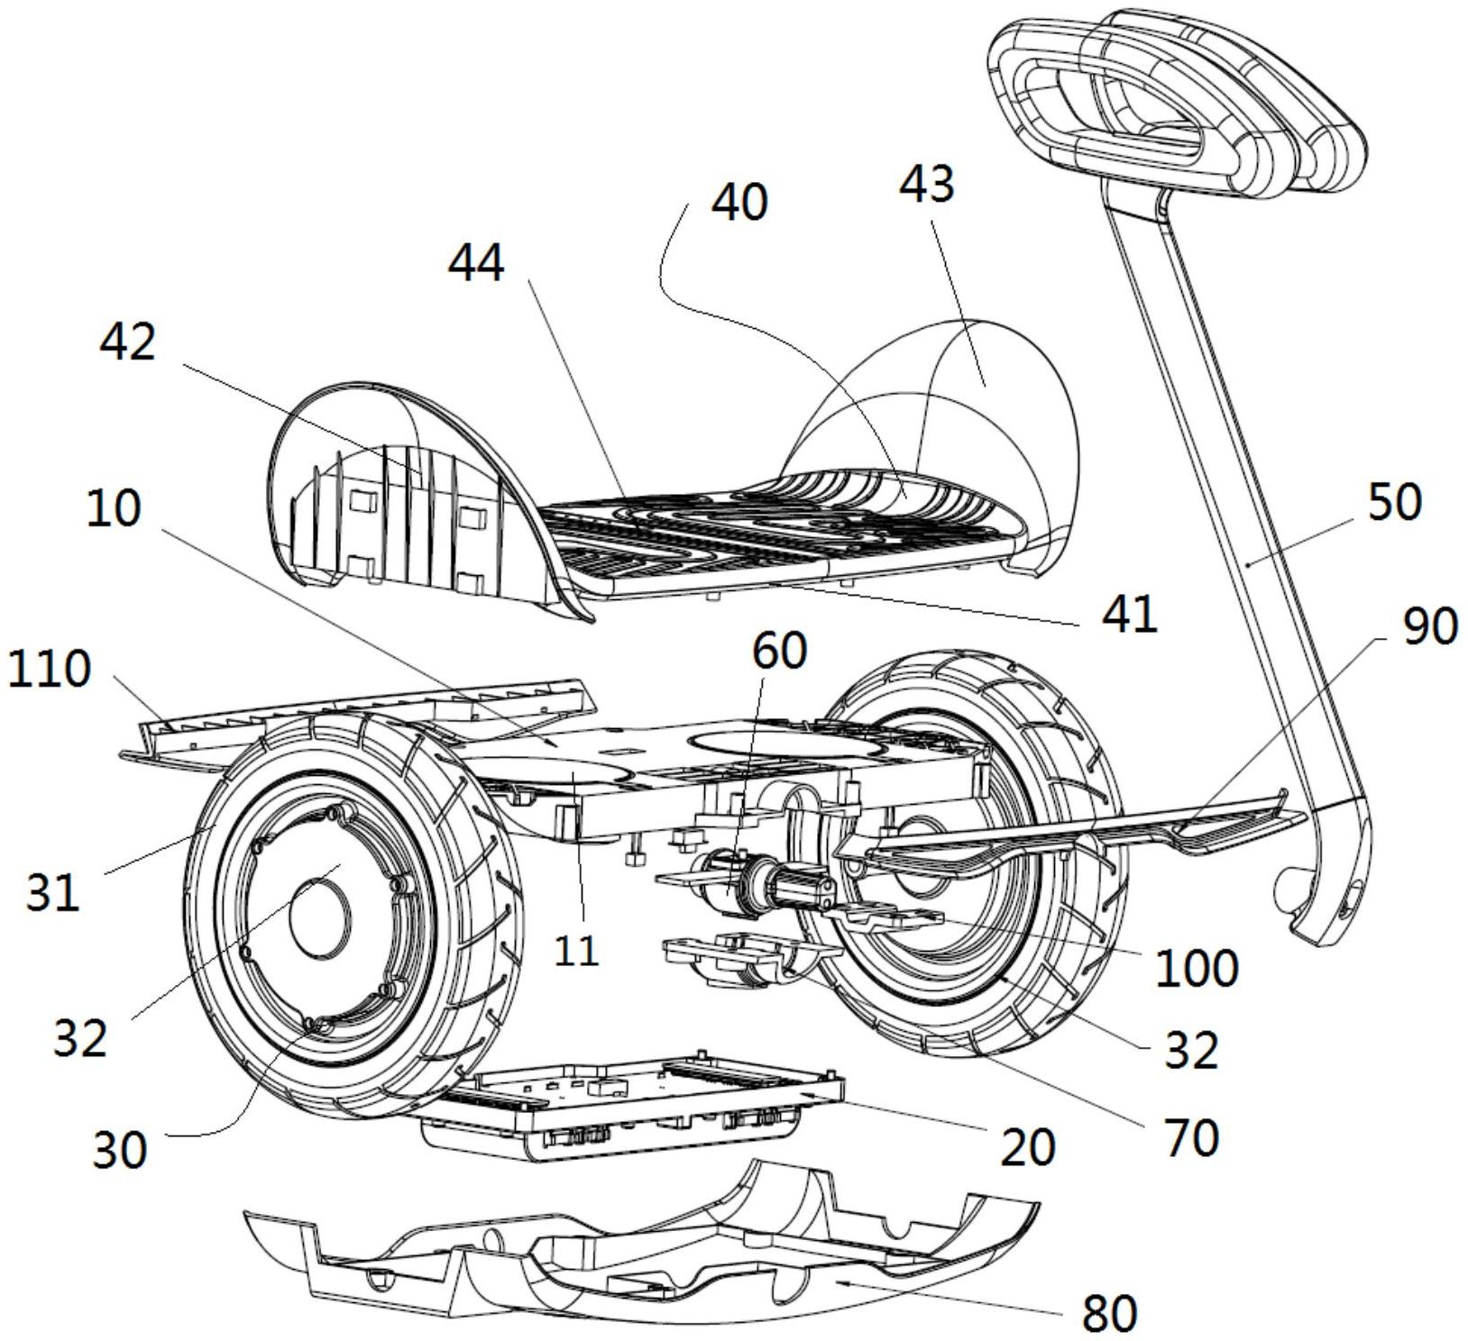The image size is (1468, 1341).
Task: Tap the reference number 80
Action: (1109, 1312)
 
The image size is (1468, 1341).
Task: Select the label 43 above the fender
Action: (926, 185)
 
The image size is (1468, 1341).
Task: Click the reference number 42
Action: (128, 342)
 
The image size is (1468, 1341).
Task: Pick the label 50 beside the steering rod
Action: (1394, 503)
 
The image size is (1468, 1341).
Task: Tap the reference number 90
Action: (1430, 625)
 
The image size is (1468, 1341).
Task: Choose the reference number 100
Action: (1197, 968)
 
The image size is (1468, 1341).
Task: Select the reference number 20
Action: (1028, 1147)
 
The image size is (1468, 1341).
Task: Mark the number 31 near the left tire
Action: (52, 893)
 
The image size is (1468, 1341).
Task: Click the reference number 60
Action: (779, 651)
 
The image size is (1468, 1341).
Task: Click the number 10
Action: (115, 509)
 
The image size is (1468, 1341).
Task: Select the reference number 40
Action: (739, 202)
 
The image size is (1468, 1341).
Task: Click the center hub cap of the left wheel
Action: (318, 916)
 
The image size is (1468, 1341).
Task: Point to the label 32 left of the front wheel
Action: (80, 1037)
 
